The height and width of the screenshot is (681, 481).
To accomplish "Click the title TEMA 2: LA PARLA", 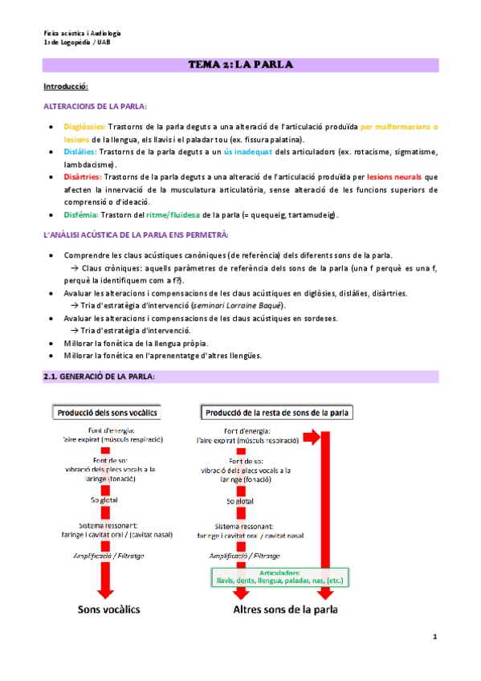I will [240, 64].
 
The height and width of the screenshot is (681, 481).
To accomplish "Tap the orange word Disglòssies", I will [83, 127].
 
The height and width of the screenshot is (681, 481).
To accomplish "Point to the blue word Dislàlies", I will [79, 151].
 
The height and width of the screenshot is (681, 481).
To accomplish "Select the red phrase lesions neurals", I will [394, 177].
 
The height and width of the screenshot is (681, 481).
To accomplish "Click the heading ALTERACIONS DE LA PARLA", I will [95, 106].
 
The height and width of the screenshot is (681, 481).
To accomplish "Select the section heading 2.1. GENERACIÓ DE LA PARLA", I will [99, 377].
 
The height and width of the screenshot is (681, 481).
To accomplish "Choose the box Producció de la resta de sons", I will [277, 413].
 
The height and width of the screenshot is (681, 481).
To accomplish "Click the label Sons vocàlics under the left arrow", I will [108, 610].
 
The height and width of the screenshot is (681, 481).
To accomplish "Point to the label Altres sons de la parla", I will [285, 610].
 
